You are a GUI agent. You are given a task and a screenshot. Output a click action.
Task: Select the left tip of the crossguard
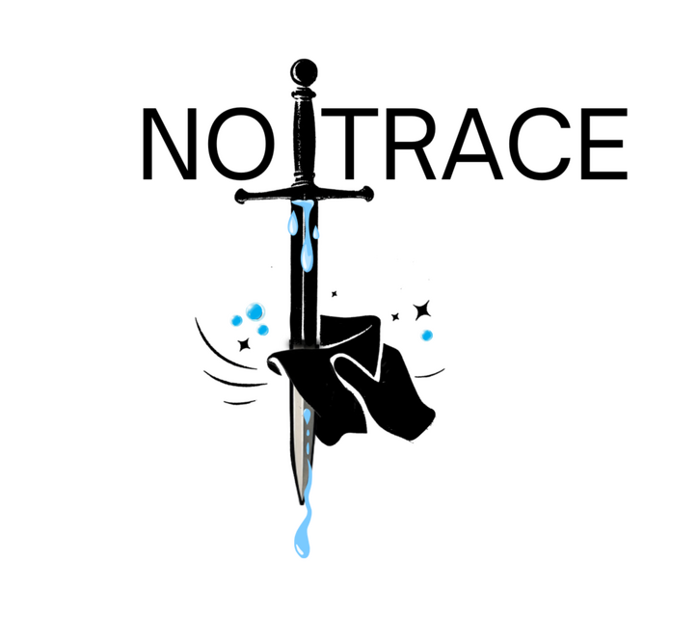pos(237,198)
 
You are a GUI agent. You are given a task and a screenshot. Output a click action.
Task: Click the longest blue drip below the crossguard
pos(305,246)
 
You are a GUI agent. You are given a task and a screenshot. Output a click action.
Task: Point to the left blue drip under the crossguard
pos(290,224)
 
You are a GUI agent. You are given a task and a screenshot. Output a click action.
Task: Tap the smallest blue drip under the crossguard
pos(316,230)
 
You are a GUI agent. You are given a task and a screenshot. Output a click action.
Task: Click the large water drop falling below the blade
pos(300,542)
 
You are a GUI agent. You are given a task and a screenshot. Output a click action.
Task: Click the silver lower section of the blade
pos(298,443)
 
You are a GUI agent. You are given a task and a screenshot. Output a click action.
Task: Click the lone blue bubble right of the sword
pos(426,335)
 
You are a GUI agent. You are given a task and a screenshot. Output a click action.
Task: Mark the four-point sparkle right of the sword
pos(420,309)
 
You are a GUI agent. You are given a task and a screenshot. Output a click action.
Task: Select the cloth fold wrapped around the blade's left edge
pos(276,363)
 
